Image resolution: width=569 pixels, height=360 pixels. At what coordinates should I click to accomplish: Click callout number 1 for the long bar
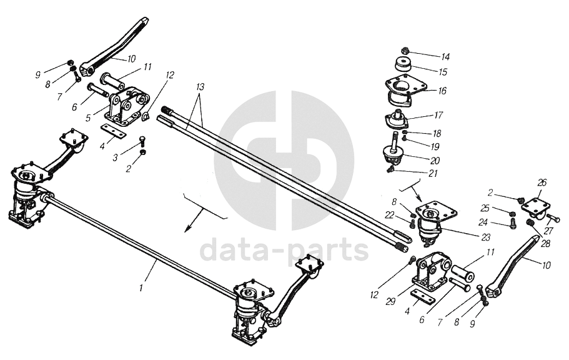point(142,287)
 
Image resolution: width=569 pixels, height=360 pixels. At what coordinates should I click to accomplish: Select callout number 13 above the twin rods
point(200,87)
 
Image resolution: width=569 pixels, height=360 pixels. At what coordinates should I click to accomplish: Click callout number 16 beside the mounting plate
point(442,91)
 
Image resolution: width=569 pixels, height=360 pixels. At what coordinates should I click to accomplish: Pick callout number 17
point(438,115)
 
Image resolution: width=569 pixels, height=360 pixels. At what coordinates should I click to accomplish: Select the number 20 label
point(435,160)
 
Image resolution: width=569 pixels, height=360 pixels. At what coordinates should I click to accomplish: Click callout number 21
point(433,174)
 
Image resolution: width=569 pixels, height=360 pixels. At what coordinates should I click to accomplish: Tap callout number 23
point(485,237)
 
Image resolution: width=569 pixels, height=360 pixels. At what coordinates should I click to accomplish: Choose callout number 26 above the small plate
point(542,182)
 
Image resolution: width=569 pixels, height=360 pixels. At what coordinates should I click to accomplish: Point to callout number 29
point(390,302)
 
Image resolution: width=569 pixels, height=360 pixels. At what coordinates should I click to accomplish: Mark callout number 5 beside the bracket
point(88,118)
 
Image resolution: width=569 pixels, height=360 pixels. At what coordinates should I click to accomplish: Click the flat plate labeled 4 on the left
point(113,131)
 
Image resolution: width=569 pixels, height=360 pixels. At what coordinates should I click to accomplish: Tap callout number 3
point(115,158)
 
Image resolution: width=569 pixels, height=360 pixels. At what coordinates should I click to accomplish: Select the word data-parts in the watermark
point(284,249)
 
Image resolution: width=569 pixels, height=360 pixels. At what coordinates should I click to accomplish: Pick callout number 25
point(485,208)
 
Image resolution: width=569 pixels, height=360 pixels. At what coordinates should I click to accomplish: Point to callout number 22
point(389,216)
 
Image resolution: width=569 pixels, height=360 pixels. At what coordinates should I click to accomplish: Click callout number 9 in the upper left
point(37,75)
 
